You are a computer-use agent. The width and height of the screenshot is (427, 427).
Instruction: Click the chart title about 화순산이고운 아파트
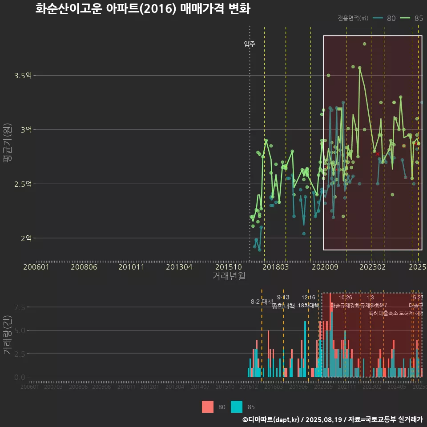(x=142, y=9)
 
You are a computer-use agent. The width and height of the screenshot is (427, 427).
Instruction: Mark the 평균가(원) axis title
(x=8, y=138)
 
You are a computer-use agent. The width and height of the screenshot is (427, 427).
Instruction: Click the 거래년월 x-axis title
(x=229, y=276)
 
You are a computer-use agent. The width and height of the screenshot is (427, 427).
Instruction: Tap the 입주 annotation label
(x=250, y=44)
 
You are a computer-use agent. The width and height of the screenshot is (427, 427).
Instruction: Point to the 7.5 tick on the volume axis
(x=20, y=307)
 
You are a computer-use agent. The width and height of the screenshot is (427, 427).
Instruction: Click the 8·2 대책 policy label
(x=262, y=302)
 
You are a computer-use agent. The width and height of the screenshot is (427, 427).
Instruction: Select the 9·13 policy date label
(x=283, y=297)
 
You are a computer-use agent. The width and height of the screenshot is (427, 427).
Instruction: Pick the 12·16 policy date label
(x=308, y=298)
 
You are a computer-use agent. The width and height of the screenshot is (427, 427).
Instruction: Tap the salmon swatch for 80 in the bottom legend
(x=208, y=407)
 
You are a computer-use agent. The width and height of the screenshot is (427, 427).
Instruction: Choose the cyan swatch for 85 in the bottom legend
(x=237, y=407)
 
